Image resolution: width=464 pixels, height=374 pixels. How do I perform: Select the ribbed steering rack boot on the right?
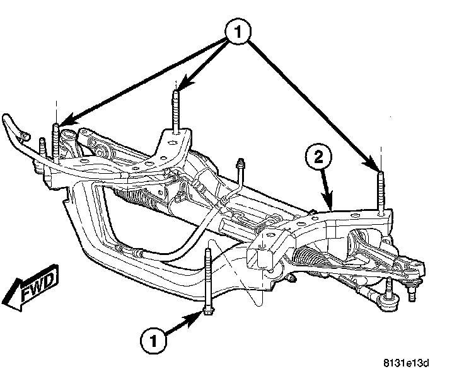coord(308,258)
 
